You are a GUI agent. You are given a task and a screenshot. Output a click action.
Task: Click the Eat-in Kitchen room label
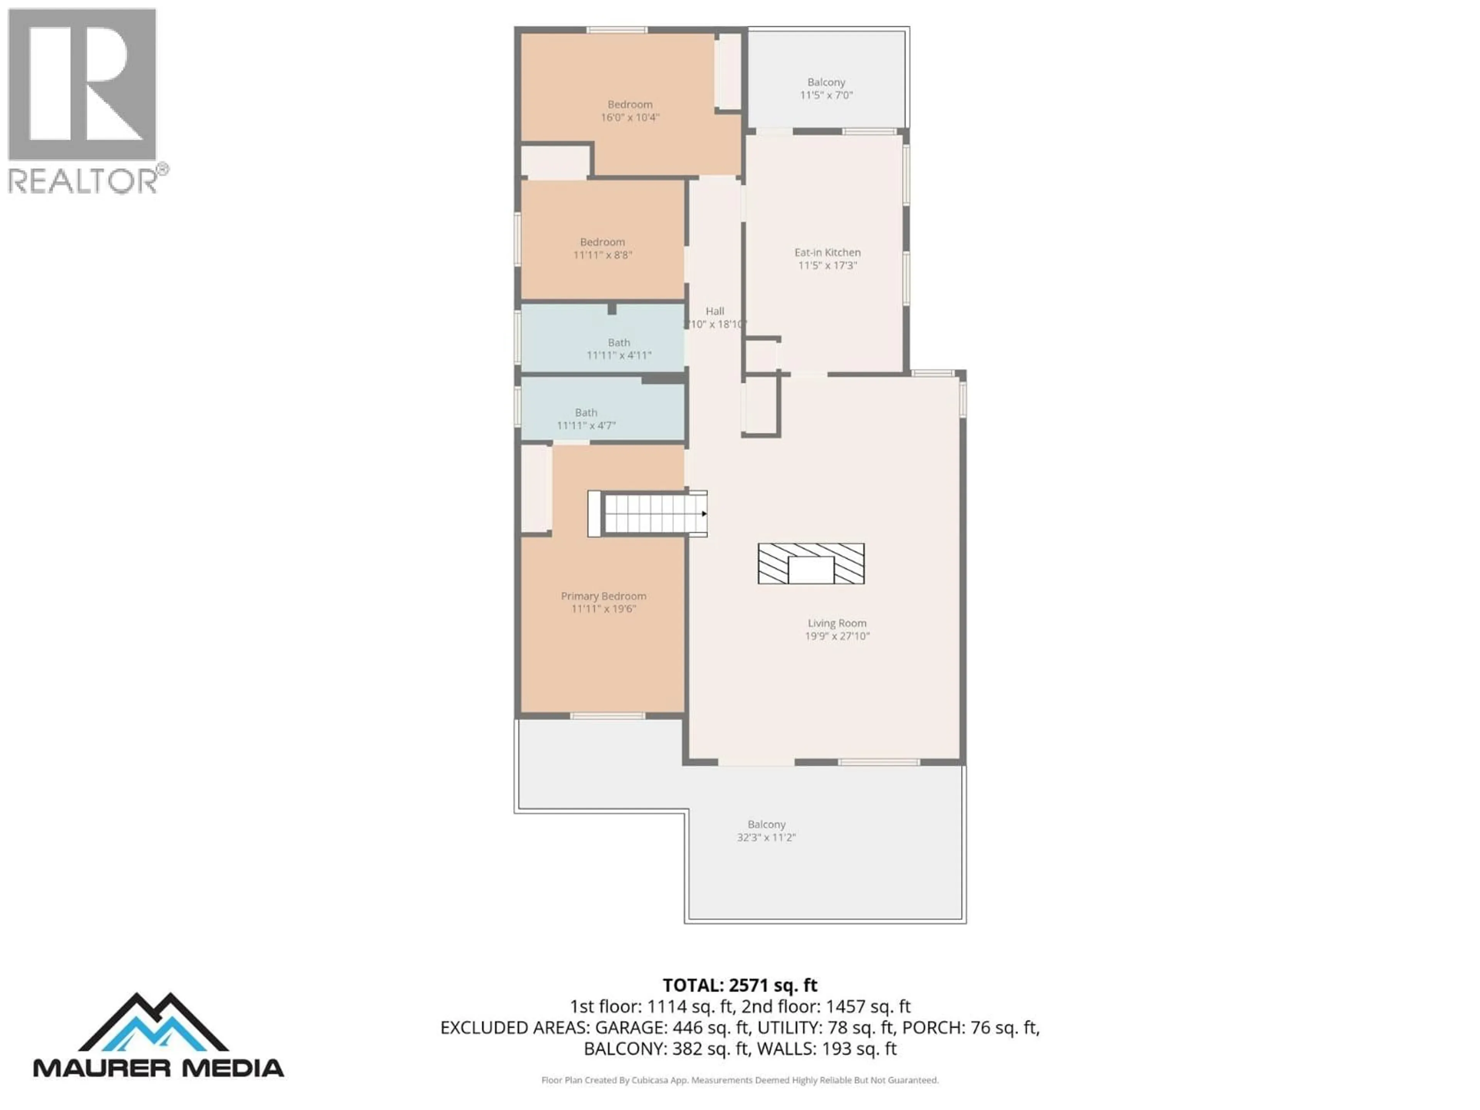827,252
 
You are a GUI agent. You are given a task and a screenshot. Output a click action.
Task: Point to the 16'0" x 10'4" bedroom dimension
630,117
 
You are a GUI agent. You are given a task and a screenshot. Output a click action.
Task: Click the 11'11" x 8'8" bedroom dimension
602,255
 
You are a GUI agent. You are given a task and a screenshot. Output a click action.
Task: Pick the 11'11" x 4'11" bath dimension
619,355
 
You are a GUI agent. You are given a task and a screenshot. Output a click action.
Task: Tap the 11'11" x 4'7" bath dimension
586,425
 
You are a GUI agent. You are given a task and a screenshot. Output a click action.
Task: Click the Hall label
715,311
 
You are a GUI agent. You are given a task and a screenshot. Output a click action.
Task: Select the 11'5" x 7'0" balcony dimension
826,95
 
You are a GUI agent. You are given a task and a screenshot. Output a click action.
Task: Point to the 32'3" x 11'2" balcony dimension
766,837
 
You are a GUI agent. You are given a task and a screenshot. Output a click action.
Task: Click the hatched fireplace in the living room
811,563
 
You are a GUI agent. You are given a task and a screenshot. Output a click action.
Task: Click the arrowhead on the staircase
704,514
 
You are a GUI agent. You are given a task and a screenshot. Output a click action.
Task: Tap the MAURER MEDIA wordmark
158,1067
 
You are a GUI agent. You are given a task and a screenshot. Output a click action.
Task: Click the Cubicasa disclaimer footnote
739,1080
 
